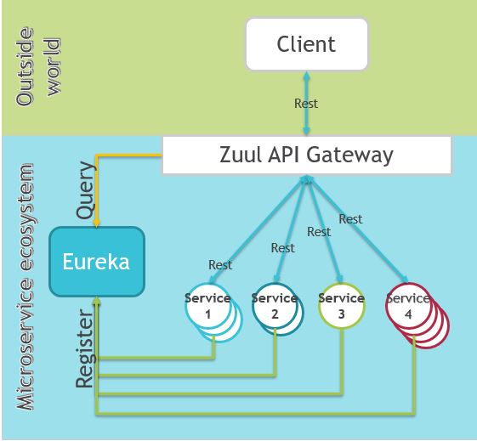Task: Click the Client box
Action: [305, 44]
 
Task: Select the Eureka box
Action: [95, 261]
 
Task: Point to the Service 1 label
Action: [207, 305]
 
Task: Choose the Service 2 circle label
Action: [275, 305]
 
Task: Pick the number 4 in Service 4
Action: [408, 314]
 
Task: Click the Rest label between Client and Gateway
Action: [306, 104]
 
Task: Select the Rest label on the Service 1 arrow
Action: [220, 265]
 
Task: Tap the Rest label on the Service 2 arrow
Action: [283, 248]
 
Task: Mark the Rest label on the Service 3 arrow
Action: [319, 231]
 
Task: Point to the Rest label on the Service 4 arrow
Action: [350, 219]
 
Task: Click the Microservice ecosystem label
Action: [27, 280]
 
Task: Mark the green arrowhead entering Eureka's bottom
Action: [98, 301]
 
